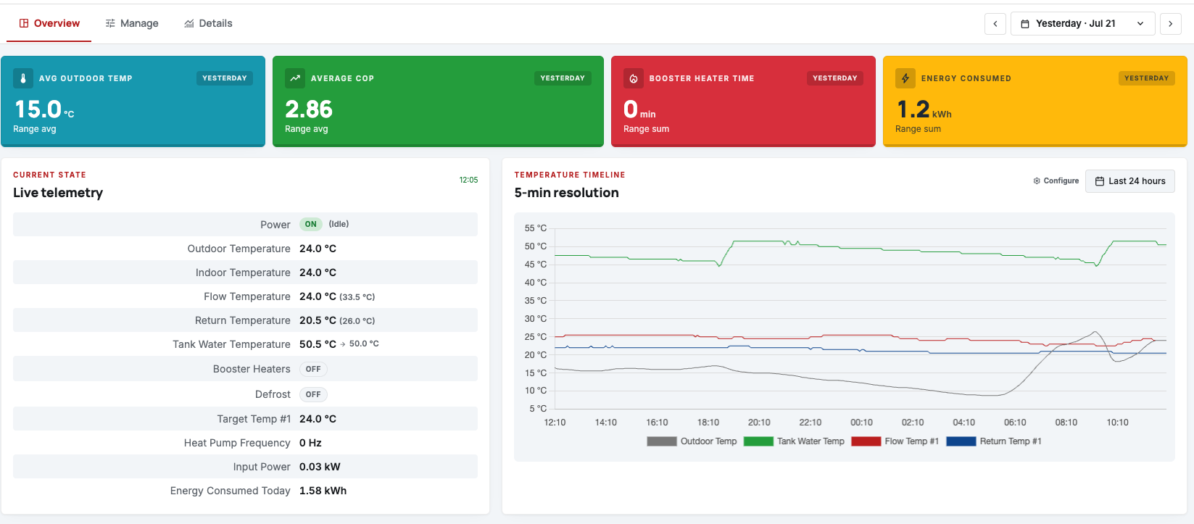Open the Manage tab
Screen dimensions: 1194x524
132,23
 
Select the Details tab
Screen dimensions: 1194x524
208,23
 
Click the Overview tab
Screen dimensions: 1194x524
49,23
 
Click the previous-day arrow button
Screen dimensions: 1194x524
995,23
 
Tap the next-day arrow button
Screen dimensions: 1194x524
1171,23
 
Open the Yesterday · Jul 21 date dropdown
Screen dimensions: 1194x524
1082,23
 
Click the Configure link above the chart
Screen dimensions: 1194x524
1056,180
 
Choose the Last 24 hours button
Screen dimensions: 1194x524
1130,181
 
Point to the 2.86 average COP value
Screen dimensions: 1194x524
309,109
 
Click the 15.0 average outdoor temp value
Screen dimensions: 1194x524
38,109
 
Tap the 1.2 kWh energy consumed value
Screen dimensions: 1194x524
924,110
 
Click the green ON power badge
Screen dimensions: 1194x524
311,224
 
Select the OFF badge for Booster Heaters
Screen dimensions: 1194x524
313,369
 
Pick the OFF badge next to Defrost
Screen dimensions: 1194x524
313,394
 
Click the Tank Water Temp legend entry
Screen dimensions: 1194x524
794,441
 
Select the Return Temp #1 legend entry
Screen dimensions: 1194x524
994,441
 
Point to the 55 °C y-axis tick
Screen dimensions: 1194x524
535,228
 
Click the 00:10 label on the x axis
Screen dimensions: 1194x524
861,423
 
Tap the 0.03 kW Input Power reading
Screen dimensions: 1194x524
320,467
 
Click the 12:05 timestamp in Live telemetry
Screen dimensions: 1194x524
468,180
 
